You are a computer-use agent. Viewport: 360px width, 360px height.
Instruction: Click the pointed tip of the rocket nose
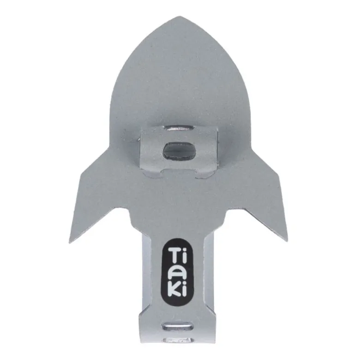[180, 16]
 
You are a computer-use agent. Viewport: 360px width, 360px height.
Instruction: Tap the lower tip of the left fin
[69, 242]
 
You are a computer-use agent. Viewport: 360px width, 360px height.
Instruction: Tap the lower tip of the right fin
[288, 241]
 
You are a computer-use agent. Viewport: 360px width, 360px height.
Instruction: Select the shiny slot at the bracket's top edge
[180, 128]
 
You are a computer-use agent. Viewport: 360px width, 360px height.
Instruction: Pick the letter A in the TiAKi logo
[176, 274]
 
